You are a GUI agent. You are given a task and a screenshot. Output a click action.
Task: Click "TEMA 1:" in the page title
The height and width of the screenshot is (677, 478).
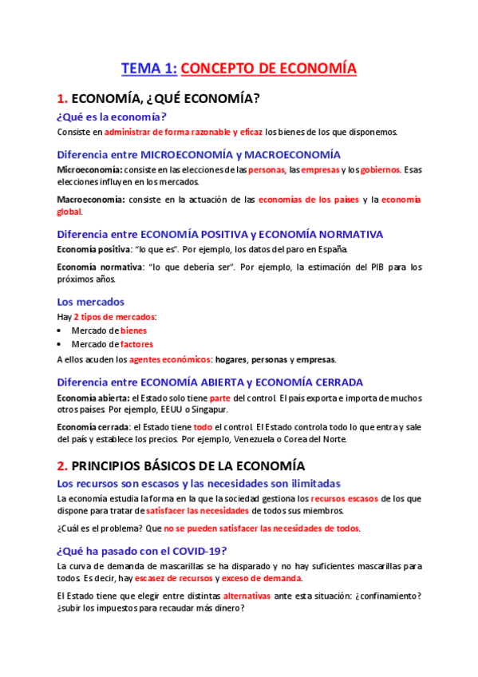click(x=148, y=69)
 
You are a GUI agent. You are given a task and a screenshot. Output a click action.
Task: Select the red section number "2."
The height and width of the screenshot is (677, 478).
click(x=62, y=465)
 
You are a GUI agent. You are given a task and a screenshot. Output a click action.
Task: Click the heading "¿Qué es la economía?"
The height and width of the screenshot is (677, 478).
click(x=112, y=117)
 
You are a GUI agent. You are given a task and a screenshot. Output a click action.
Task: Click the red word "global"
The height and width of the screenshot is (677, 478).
click(x=69, y=212)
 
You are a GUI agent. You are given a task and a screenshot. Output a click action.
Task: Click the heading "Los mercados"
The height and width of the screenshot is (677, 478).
click(x=91, y=302)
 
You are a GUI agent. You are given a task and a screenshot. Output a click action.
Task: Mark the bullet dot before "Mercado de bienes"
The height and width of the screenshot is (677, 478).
click(x=61, y=331)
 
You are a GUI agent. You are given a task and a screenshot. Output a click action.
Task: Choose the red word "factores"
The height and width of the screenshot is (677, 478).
click(x=137, y=344)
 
